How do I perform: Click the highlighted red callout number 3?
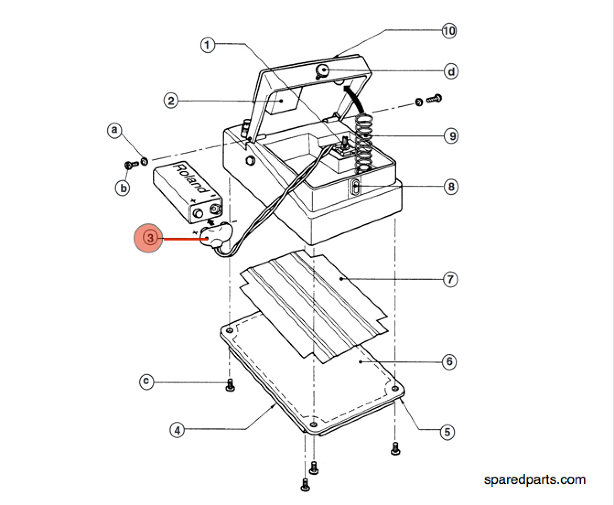(x=148, y=238)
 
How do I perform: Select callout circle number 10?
(x=449, y=31)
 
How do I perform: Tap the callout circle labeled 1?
(x=208, y=45)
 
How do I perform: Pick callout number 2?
(x=171, y=101)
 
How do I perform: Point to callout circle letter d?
(x=451, y=71)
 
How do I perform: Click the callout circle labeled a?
(x=114, y=130)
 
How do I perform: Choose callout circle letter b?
(x=123, y=188)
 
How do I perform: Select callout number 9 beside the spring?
(x=451, y=136)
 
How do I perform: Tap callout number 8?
(x=451, y=187)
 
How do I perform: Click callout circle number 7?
(x=450, y=279)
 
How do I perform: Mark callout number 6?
(x=449, y=362)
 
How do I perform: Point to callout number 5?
(x=447, y=432)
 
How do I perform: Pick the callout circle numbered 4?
(x=178, y=430)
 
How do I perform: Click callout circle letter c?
(x=146, y=381)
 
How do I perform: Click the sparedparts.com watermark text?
(x=534, y=479)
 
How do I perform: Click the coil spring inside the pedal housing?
(x=365, y=142)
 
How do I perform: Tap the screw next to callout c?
(x=231, y=385)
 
